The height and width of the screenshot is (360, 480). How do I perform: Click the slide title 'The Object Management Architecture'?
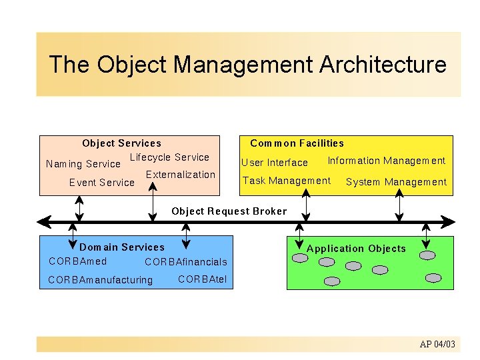coord(247,65)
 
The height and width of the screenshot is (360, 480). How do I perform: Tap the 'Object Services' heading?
coord(121,143)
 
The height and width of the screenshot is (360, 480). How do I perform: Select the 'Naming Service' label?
coord(83,164)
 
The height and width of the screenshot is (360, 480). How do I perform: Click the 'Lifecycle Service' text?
coord(169,157)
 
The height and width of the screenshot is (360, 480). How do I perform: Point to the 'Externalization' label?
coord(181,175)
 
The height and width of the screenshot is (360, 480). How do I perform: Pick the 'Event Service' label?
coord(102,183)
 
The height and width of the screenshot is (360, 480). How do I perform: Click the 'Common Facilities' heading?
coord(297,143)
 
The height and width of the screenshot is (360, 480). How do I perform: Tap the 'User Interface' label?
coord(275,163)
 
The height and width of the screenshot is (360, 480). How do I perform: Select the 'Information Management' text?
coord(386,161)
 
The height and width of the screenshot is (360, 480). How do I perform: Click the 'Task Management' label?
coord(287,181)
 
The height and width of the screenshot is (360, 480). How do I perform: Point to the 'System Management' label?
coord(396,182)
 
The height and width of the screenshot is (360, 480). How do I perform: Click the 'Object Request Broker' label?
coord(229,211)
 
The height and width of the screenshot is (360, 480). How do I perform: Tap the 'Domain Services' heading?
coord(122,247)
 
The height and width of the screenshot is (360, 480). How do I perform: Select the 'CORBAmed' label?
coord(77,261)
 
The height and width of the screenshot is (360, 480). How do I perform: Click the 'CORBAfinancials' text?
coord(186,262)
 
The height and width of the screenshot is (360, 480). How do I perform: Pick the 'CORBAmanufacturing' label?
coord(101,280)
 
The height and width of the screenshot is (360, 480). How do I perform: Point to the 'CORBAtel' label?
coord(203,279)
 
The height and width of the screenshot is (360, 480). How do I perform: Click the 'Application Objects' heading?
coord(356,249)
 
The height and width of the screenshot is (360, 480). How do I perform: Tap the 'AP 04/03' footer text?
coord(437,345)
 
